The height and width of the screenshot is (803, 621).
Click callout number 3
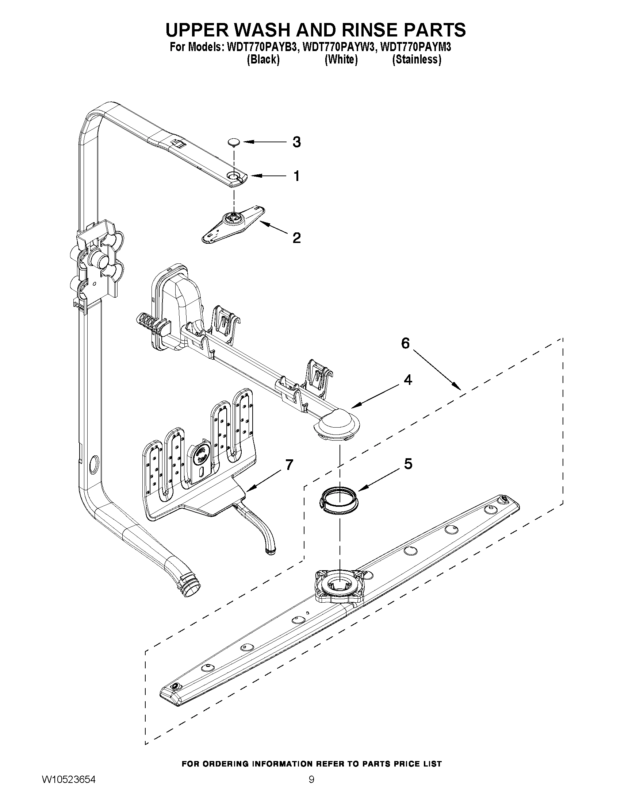(296, 142)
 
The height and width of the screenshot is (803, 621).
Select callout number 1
(296, 176)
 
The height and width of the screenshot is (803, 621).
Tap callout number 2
(296, 238)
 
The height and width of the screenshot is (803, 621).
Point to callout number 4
(408, 379)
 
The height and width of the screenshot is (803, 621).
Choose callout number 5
(408, 464)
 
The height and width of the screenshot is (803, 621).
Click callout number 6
(405, 343)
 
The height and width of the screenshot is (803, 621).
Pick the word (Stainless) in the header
(417, 59)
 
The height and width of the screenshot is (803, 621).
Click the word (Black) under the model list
(262, 59)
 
